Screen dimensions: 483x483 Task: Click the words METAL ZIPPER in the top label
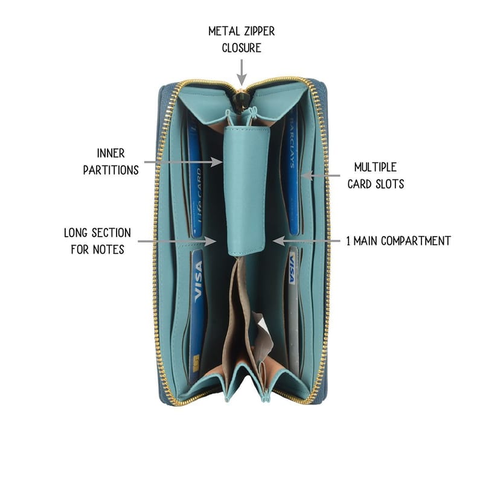point(241,31)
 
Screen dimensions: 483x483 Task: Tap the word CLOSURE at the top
point(241,48)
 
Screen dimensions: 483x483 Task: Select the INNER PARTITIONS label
point(111,162)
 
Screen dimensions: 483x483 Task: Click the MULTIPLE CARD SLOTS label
point(376,176)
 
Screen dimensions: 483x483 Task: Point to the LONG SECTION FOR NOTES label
point(97,241)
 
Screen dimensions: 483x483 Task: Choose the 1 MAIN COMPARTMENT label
point(398,241)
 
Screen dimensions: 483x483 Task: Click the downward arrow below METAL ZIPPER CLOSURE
point(242,72)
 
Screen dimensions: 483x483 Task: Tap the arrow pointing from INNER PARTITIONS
point(184,162)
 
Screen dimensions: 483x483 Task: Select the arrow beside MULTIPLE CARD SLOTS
point(321,176)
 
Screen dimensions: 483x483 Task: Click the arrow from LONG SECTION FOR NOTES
point(177,241)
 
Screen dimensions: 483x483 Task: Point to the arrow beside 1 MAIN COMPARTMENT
point(307,240)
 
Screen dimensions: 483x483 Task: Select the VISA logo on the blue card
point(198,281)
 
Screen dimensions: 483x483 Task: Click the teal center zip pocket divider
point(246,190)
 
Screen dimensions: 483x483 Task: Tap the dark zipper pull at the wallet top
point(238,98)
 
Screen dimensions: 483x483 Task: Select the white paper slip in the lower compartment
point(262,327)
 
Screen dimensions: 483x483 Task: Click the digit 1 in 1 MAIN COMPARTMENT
point(348,241)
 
